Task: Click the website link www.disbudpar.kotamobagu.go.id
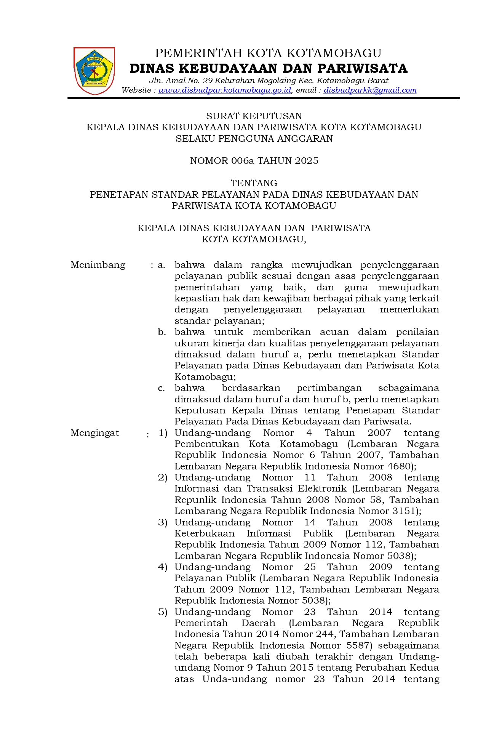click(225, 90)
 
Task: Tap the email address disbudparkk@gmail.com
click(370, 90)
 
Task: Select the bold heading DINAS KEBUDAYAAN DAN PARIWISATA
click(269, 69)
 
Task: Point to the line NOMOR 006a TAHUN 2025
click(254, 161)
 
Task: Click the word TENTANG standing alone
click(254, 183)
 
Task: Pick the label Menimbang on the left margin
click(98, 265)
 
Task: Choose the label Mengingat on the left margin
click(94, 433)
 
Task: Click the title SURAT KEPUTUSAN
click(254, 116)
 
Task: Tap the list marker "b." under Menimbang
click(162, 332)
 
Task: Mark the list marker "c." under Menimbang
click(161, 388)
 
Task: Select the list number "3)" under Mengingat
click(163, 522)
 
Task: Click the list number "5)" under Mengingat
click(163, 612)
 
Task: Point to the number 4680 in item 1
click(399, 466)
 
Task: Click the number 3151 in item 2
click(404, 511)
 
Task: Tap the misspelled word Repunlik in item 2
click(196, 500)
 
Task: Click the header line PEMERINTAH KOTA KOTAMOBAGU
click(268, 53)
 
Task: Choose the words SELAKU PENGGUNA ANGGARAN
click(254, 139)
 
